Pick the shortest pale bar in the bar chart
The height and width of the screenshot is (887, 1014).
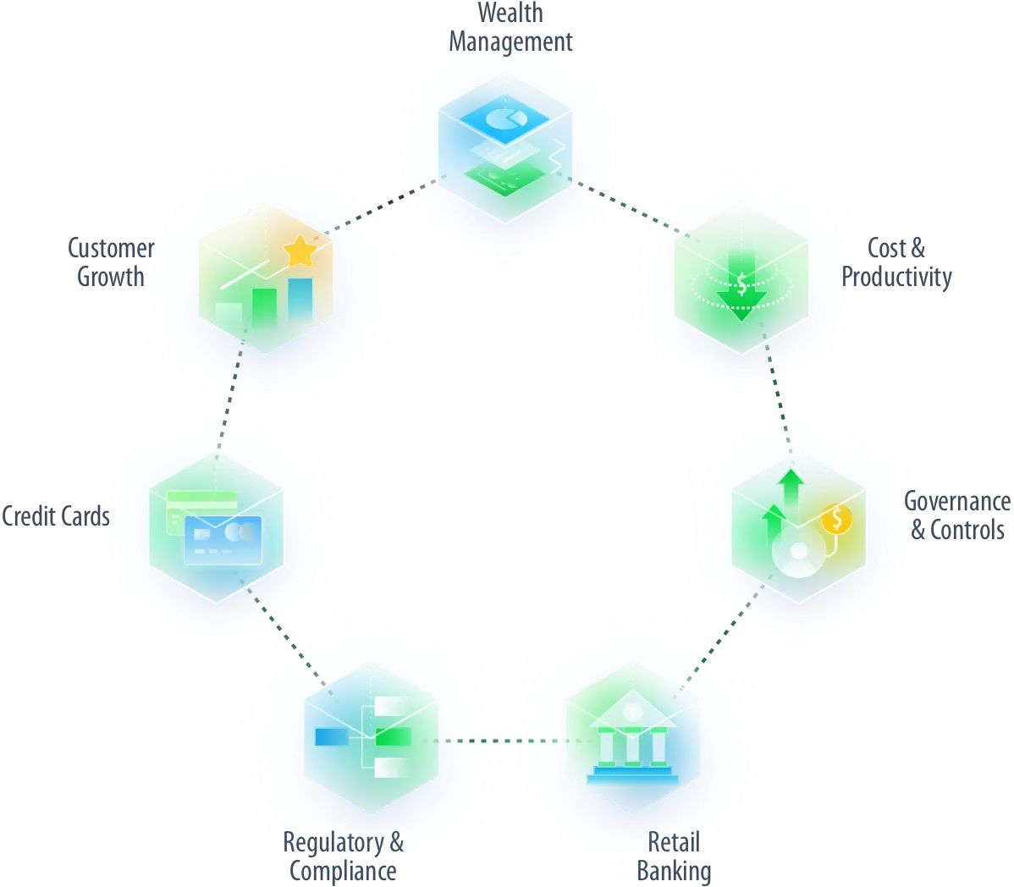coord(228,314)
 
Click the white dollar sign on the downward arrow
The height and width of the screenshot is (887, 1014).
coord(741,284)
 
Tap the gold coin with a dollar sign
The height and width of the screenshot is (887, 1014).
coord(836,519)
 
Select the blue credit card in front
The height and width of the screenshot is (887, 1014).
coord(222,541)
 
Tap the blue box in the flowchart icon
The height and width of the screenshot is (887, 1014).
coord(330,736)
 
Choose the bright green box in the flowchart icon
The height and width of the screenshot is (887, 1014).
coord(393,737)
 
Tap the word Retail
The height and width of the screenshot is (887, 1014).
coord(673,841)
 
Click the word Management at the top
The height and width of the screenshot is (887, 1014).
coord(510,42)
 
